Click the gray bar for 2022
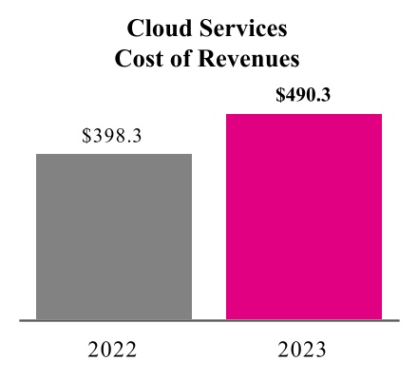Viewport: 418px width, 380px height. click(114, 237)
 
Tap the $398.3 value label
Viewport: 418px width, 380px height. click(113, 136)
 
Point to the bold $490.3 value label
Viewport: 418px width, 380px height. click(303, 95)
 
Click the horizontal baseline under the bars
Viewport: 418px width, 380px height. click(209, 321)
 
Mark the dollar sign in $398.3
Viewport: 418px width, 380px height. click(87, 136)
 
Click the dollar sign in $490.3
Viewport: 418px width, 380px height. click(279, 95)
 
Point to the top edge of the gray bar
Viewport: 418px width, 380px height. click(114, 154)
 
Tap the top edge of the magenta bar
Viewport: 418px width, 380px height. click(304, 114)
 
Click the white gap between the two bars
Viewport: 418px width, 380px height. click(209, 237)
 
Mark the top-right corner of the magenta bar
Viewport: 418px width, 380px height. click(381, 115)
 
